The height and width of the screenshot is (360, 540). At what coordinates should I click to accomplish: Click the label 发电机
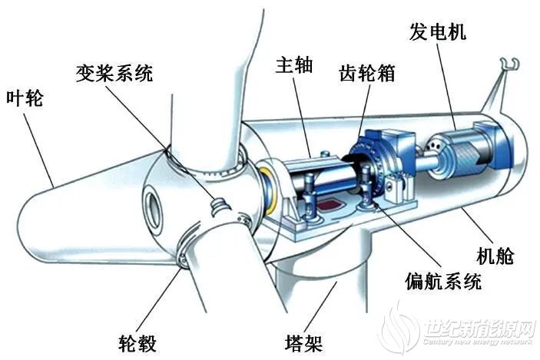[x=437, y=31]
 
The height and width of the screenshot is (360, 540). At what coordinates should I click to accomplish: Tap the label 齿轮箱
[x=366, y=73]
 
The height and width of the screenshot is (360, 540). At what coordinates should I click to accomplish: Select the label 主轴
[x=294, y=65]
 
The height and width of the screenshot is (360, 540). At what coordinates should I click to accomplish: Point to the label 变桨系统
[x=114, y=73]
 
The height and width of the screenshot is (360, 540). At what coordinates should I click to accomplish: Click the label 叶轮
[x=25, y=98]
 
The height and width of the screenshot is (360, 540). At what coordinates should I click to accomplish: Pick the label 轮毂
[x=137, y=343]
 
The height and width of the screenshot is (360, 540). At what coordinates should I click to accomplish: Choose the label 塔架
[x=303, y=343]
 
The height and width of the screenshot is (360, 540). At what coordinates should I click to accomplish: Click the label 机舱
[x=495, y=256]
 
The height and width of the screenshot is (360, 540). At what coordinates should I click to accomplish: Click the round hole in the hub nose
[x=154, y=210]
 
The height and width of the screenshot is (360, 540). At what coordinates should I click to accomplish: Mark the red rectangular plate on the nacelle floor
[x=330, y=205]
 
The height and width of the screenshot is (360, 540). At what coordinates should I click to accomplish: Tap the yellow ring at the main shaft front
[x=270, y=190]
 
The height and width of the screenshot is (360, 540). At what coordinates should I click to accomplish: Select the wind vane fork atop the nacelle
[x=510, y=64]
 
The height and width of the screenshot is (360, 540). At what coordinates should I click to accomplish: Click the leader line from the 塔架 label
[x=320, y=307]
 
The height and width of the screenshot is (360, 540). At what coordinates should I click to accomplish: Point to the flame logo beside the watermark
[x=399, y=325]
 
